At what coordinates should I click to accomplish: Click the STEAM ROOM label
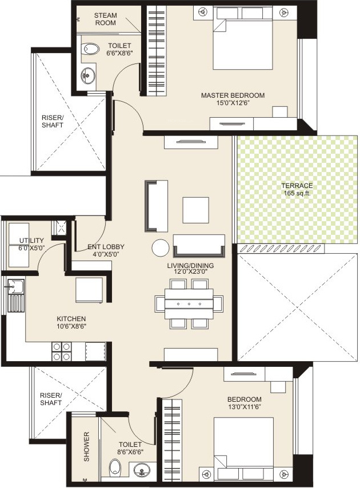pos(105,19)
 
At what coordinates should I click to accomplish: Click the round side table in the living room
pos(161,248)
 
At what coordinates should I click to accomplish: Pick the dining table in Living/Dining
pos(189,305)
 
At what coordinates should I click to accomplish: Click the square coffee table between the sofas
pos(196,210)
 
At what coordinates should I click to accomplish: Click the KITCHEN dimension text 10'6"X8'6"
pos(71,326)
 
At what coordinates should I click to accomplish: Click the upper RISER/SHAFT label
pos(53,121)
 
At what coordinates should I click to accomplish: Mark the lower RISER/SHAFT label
pos(50,399)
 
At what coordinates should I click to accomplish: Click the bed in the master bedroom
pos(242,40)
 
